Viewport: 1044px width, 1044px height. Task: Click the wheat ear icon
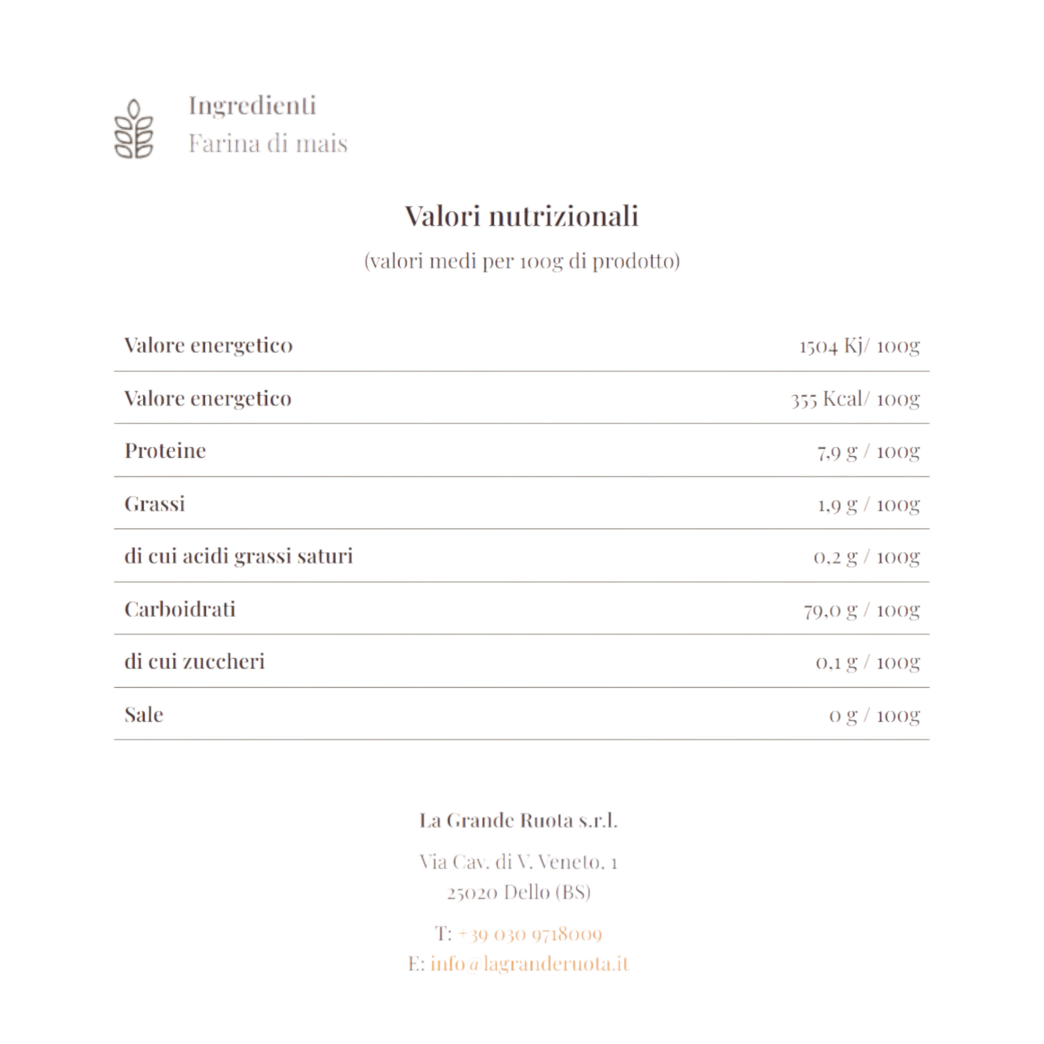[x=134, y=129]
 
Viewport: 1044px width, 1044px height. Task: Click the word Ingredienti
[x=252, y=105]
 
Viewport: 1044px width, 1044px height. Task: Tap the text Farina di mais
[x=268, y=144]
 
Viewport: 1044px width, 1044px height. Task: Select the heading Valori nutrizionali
[x=521, y=216]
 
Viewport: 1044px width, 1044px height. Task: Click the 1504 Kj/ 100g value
[x=859, y=346]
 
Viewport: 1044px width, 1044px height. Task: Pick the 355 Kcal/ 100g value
[x=855, y=399]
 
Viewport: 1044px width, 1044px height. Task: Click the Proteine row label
[x=165, y=451]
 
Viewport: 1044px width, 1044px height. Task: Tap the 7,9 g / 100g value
[x=868, y=451]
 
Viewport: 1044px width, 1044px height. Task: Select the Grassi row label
[x=155, y=504]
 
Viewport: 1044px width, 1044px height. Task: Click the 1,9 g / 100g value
[x=868, y=504]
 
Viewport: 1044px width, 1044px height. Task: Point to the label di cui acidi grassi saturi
[x=238, y=556]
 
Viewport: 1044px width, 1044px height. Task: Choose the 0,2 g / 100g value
[x=866, y=556]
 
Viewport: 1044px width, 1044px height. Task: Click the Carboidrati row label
[x=180, y=609]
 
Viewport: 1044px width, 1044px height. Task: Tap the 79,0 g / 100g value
[x=862, y=610]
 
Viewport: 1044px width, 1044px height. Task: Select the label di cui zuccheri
[x=195, y=661]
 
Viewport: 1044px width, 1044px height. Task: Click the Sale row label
[x=144, y=715]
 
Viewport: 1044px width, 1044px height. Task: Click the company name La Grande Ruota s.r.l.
[x=518, y=820]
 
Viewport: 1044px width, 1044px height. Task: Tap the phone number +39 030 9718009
[x=530, y=933]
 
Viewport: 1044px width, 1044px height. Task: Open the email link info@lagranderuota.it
[x=530, y=964]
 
